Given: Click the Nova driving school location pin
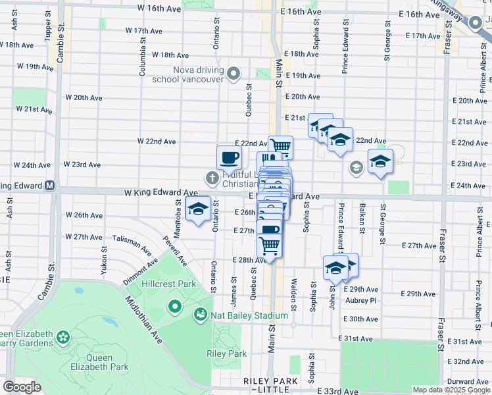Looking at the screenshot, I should tap(234, 74).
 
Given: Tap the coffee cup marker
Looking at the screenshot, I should tap(229, 158).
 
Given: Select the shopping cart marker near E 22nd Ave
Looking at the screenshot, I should tap(280, 145).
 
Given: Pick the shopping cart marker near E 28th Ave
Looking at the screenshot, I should tap(270, 245).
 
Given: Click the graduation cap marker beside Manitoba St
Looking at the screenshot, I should tap(197, 209).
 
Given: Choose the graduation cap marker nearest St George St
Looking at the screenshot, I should tap(380, 161).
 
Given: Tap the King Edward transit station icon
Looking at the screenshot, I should tap(50, 186).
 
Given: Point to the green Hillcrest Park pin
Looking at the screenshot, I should tap(174, 307).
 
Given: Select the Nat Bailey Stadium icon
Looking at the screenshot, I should tap(201, 316).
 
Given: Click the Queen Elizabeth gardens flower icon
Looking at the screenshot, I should tap(63, 338).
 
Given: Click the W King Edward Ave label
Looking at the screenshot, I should tap(153, 193).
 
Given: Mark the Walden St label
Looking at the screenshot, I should tap(295, 290).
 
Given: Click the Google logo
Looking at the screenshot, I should tap(22, 387).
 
